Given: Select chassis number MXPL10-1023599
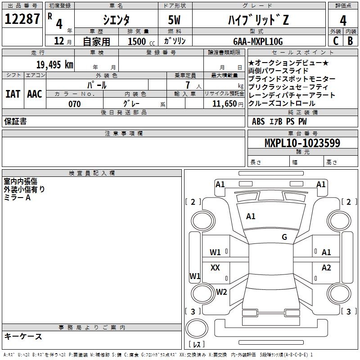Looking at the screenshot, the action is tap(302, 143).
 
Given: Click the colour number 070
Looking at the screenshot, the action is tap(74, 104).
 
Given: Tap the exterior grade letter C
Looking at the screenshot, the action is tap(335, 41).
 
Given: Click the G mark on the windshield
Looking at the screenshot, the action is tap(284, 237).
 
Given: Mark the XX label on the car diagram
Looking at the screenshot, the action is tap(215, 268).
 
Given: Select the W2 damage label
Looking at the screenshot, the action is tap(221, 292).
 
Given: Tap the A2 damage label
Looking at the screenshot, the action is tap(326, 268).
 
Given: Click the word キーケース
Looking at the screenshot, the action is tap(23, 336).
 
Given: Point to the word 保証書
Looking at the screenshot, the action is tap(15, 121).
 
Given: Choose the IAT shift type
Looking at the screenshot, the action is tap(13, 94).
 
